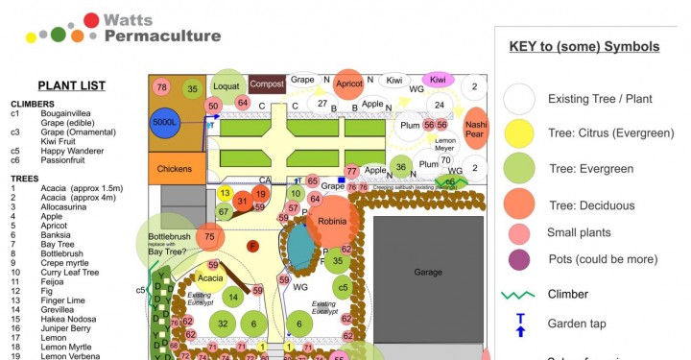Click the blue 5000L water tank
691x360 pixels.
click(x=169, y=123)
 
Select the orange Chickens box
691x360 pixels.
click(x=174, y=169)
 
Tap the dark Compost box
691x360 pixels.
click(x=268, y=84)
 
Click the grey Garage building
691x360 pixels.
click(x=428, y=272)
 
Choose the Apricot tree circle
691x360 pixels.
click(x=349, y=84)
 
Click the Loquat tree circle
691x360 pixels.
click(x=228, y=84)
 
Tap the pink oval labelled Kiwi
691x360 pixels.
click(x=438, y=80)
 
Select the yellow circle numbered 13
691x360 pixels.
click(x=225, y=193)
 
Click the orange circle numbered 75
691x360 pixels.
click(x=209, y=237)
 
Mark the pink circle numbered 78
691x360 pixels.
click(x=161, y=87)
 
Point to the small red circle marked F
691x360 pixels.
click(x=253, y=247)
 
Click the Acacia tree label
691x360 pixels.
click(x=211, y=277)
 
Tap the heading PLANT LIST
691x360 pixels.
click(x=71, y=85)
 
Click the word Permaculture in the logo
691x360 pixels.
click(x=162, y=36)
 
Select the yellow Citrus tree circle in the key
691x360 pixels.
click(x=519, y=132)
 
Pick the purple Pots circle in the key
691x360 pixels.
click(x=519, y=259)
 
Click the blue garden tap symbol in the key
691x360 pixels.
click(x=520, y=324)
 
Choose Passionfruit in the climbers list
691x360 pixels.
click(x=66, y=160)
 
